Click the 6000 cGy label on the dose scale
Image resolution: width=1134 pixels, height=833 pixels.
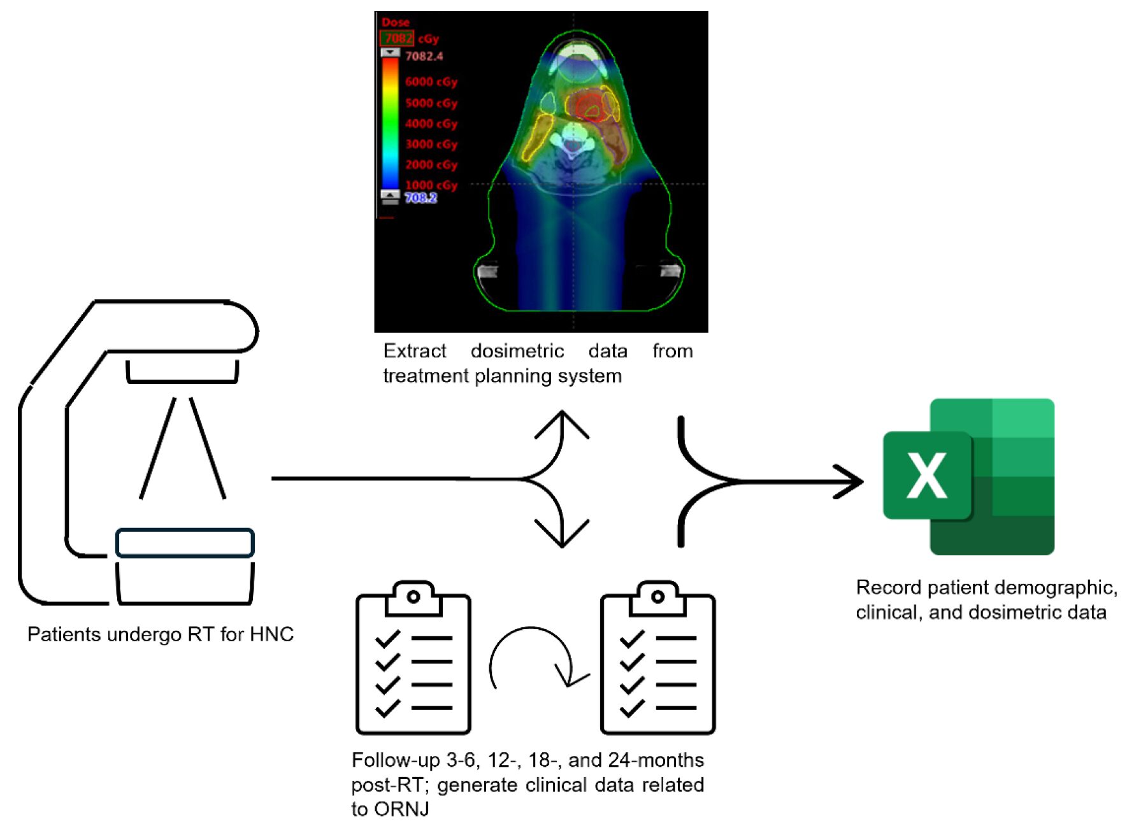pyautogui.click(x=431, y=82)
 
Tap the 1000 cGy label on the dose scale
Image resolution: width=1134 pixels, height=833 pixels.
pyautogui.click(x=431, y=185)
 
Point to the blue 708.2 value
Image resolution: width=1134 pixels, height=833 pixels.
pyautogui.click(x=420, y=198)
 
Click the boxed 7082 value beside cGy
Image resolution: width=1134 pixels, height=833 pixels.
pyautogui.click(x=398, y=38)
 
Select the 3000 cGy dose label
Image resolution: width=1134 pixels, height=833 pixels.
pyautogui.click(x=431, y=144)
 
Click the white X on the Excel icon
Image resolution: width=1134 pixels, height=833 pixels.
pyautogui.click(x=926, y=476)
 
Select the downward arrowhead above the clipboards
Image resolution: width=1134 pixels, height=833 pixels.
pyautogui.click(x=562, y=535)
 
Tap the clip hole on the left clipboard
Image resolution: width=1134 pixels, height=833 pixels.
pyautogui.click(x=413, y=597)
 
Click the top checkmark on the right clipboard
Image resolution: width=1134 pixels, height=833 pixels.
pyautogui.click(x=631, y=639)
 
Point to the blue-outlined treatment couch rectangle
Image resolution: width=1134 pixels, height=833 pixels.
pyautogui.click(x=185, y=543)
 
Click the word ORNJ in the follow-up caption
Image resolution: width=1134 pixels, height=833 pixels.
pyautogui.click(x=401, y=809)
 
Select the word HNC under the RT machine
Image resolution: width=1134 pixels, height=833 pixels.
pyautogui.click(x=272, y=634)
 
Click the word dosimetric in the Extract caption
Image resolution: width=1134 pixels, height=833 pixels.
pyautogui.click(x=517, y=351)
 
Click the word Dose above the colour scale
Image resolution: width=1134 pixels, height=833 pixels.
pyautogui.click(x=396, y=22)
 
